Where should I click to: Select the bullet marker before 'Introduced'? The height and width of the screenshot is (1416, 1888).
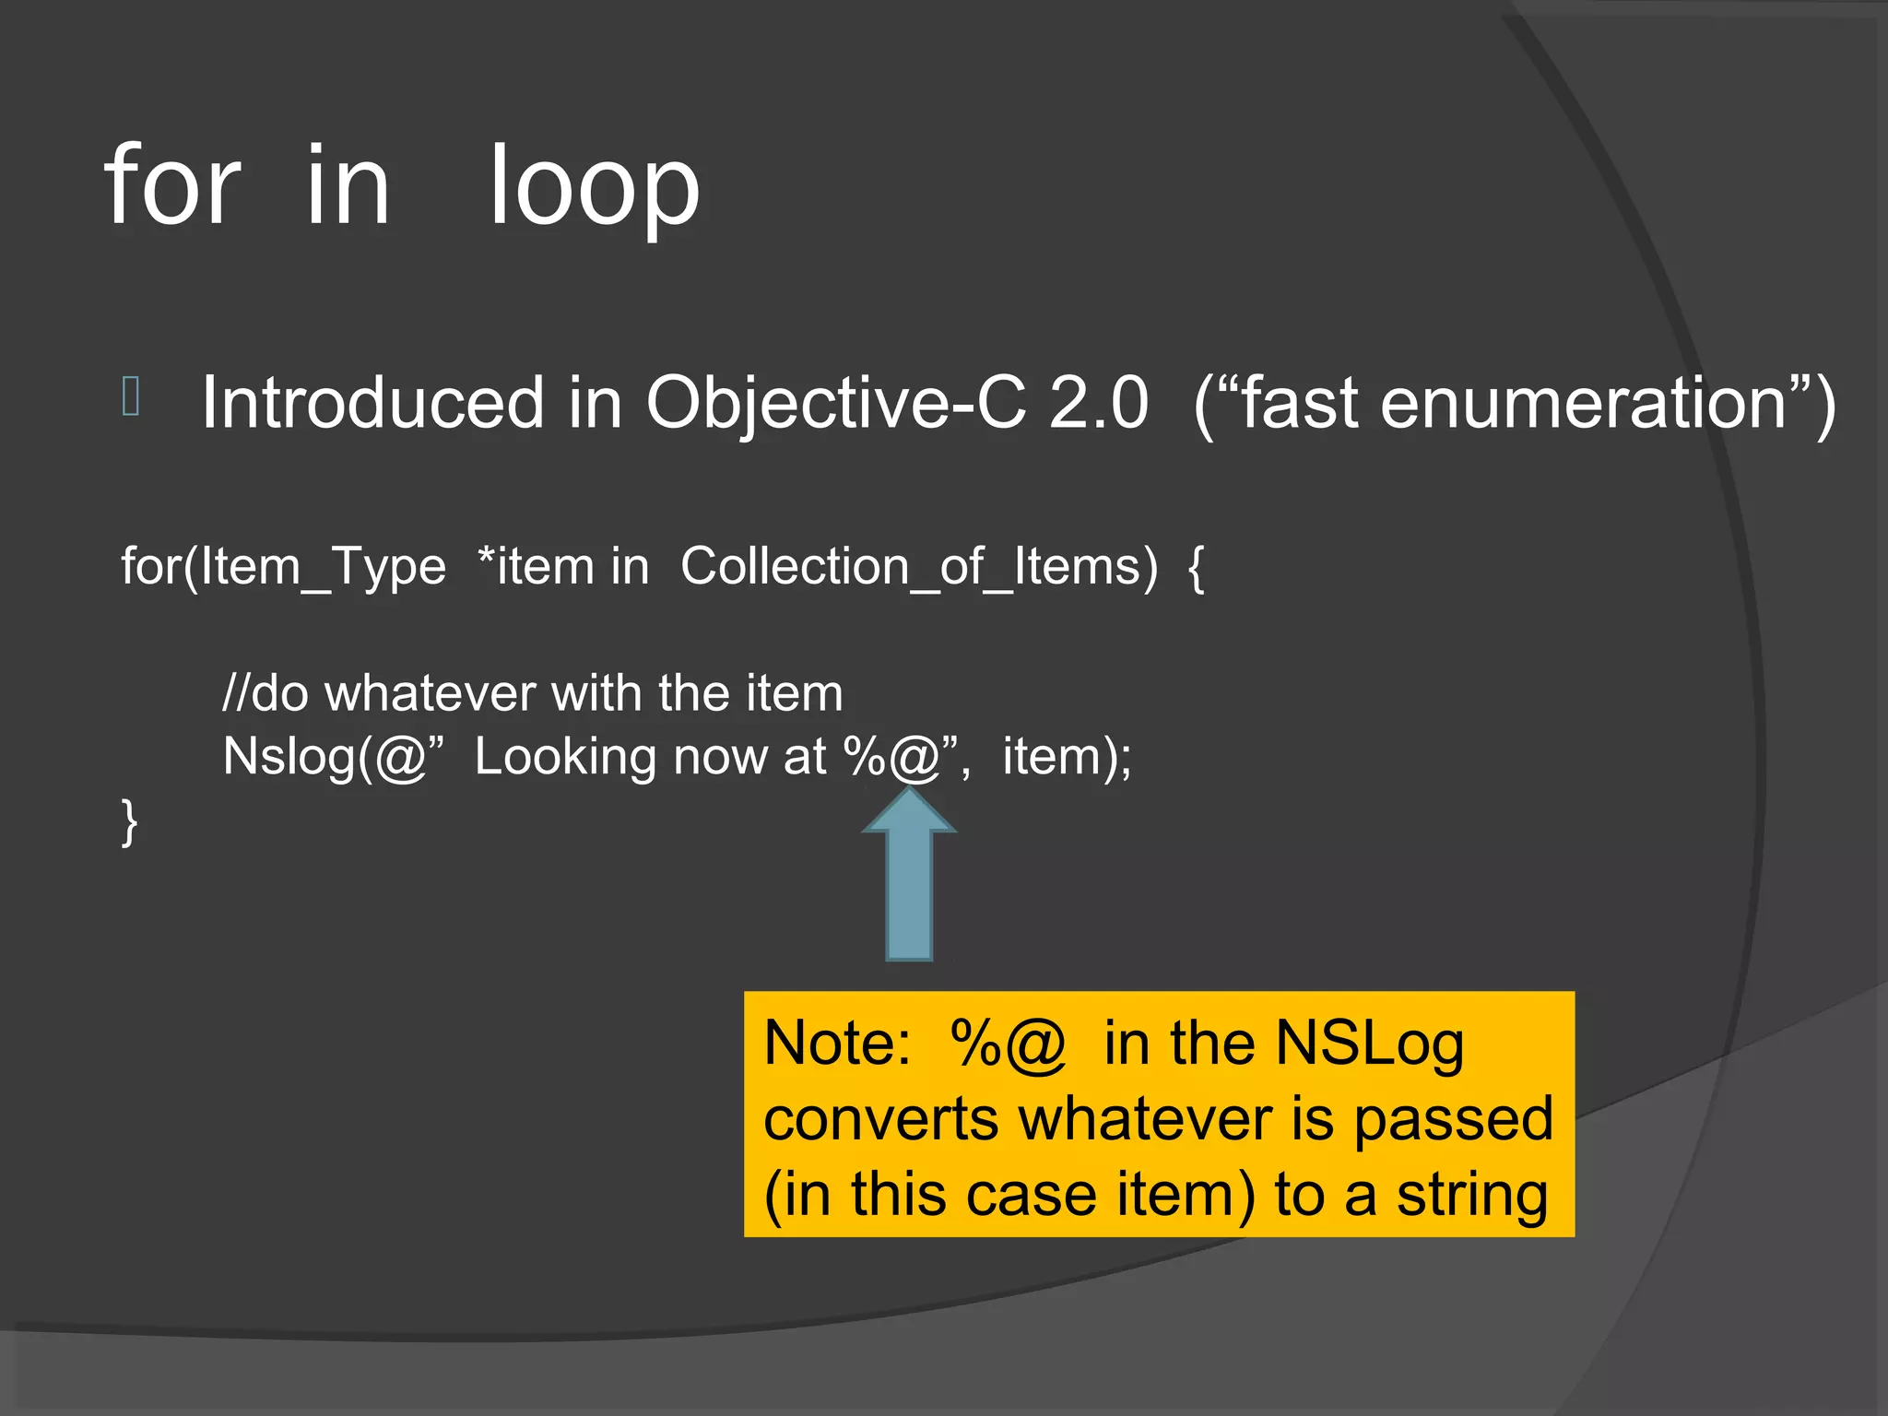click(131, 396)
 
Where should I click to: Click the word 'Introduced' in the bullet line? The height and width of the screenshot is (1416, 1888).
click(372, 403)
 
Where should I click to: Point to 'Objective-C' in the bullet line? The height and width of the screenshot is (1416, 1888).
click(835, 403)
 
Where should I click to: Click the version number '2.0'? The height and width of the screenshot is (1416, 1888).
click(1098, 403)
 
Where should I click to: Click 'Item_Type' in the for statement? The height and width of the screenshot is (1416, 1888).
click(323, 566)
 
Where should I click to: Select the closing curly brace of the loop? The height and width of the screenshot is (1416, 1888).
click(129, 821)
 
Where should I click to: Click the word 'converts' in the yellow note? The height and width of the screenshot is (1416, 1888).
click(880, 1119)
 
